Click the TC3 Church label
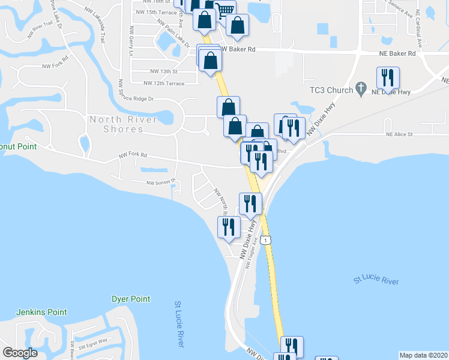point(330,90)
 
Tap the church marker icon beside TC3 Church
point(361,89)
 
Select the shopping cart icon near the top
point(224,10)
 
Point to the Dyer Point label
point(131,299)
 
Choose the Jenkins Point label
point(41,312)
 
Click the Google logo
point(20,353)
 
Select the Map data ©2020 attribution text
point(424,355)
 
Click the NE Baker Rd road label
point(397,53)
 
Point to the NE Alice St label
point(400,134)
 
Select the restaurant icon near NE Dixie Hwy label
point(388,77)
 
